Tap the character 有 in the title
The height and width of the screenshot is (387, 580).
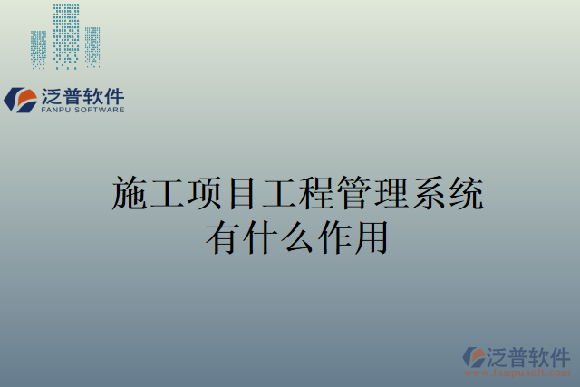pos(224,237)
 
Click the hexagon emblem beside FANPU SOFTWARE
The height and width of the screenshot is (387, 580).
pos(21,99)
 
